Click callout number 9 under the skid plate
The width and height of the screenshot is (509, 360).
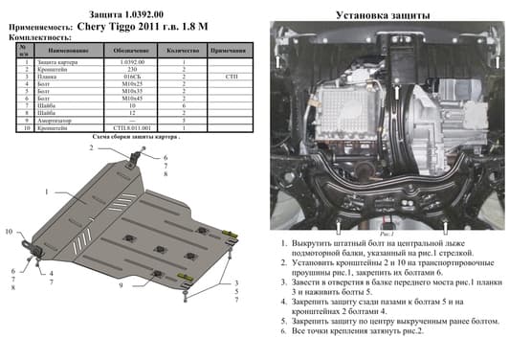[121, 286]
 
